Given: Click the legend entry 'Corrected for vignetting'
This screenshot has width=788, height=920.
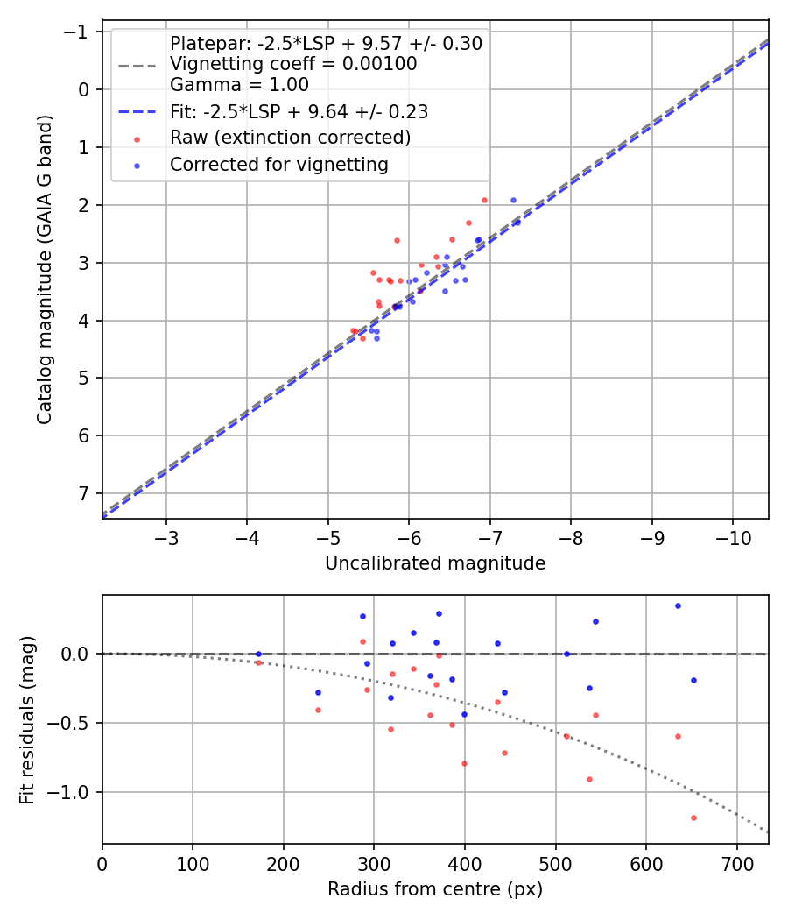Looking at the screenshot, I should coord(278,164).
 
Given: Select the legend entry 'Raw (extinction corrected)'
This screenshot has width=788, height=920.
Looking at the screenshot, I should coord(290,138).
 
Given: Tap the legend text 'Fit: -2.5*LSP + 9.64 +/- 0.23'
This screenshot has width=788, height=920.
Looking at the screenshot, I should coord(299,112).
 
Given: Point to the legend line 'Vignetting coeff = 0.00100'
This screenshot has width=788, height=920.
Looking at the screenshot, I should coord(293,64).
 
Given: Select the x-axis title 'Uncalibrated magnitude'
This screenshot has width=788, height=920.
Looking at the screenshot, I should coord(435,563).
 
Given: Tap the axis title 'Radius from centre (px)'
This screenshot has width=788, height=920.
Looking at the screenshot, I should coord(435,889).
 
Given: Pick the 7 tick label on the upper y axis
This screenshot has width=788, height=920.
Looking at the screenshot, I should coord(85,493).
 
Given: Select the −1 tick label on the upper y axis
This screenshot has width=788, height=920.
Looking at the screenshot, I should coord(80,32).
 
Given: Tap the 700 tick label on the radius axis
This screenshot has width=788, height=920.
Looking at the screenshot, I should coord(736,864).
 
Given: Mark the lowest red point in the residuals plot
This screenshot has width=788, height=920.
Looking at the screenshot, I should coord(693,817).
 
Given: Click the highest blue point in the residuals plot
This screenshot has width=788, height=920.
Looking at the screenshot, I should coord(678,605).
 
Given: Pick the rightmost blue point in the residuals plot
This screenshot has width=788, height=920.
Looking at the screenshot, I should coord(693,680).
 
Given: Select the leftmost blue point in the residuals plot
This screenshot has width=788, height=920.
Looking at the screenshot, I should coord(258,654).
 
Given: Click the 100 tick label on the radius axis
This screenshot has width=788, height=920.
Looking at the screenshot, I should coord(193,864).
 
